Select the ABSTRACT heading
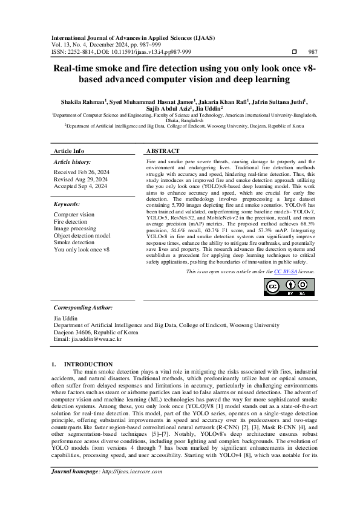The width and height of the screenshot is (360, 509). tap(163, 151)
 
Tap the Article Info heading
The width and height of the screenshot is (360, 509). tap(69, 151)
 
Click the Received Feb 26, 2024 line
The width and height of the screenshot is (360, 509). tap(80, 172)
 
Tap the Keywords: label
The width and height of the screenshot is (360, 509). tap(67, 205)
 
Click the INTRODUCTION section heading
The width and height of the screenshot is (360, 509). tap(92, 364)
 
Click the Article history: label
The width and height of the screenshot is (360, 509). tap(73, 163)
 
